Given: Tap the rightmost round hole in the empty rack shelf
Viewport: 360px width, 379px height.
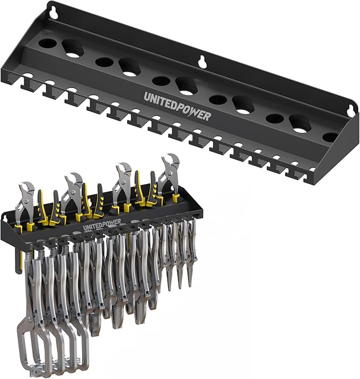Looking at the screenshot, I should click(330, 137).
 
